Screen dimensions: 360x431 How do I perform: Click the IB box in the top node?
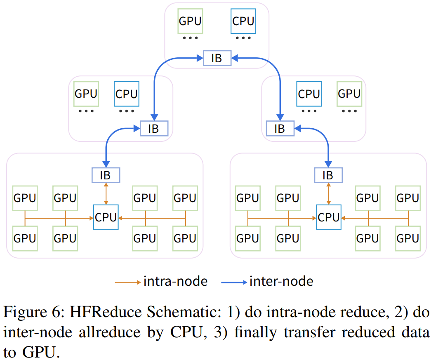pos(217,58)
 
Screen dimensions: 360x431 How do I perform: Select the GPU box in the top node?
pos(190,21)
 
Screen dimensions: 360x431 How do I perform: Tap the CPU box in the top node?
pos(243,21)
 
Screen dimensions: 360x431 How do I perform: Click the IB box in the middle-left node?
pos(154,128)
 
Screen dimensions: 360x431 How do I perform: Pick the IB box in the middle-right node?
pos(280,128)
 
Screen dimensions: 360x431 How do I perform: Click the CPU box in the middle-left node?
pos(126,94)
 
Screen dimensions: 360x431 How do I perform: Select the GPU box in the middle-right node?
pos(349,94)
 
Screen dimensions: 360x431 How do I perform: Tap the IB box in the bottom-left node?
pos(105,175)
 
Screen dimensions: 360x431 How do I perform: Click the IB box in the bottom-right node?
pos(328,175)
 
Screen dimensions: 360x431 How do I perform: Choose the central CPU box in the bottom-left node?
pos(106,217)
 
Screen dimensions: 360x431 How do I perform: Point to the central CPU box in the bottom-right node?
pos(329,217)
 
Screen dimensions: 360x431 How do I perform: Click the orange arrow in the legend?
pos(128,282)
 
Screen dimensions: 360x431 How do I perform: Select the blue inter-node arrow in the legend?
pos(234,282)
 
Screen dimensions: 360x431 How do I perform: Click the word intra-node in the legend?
pos(175,282)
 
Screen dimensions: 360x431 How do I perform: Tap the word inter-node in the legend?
pos(281,282)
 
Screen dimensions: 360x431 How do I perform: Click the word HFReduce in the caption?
pos(106,312)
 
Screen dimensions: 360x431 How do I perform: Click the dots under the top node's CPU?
pos(243,38)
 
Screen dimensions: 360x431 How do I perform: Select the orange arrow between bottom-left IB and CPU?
pos(106,193)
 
